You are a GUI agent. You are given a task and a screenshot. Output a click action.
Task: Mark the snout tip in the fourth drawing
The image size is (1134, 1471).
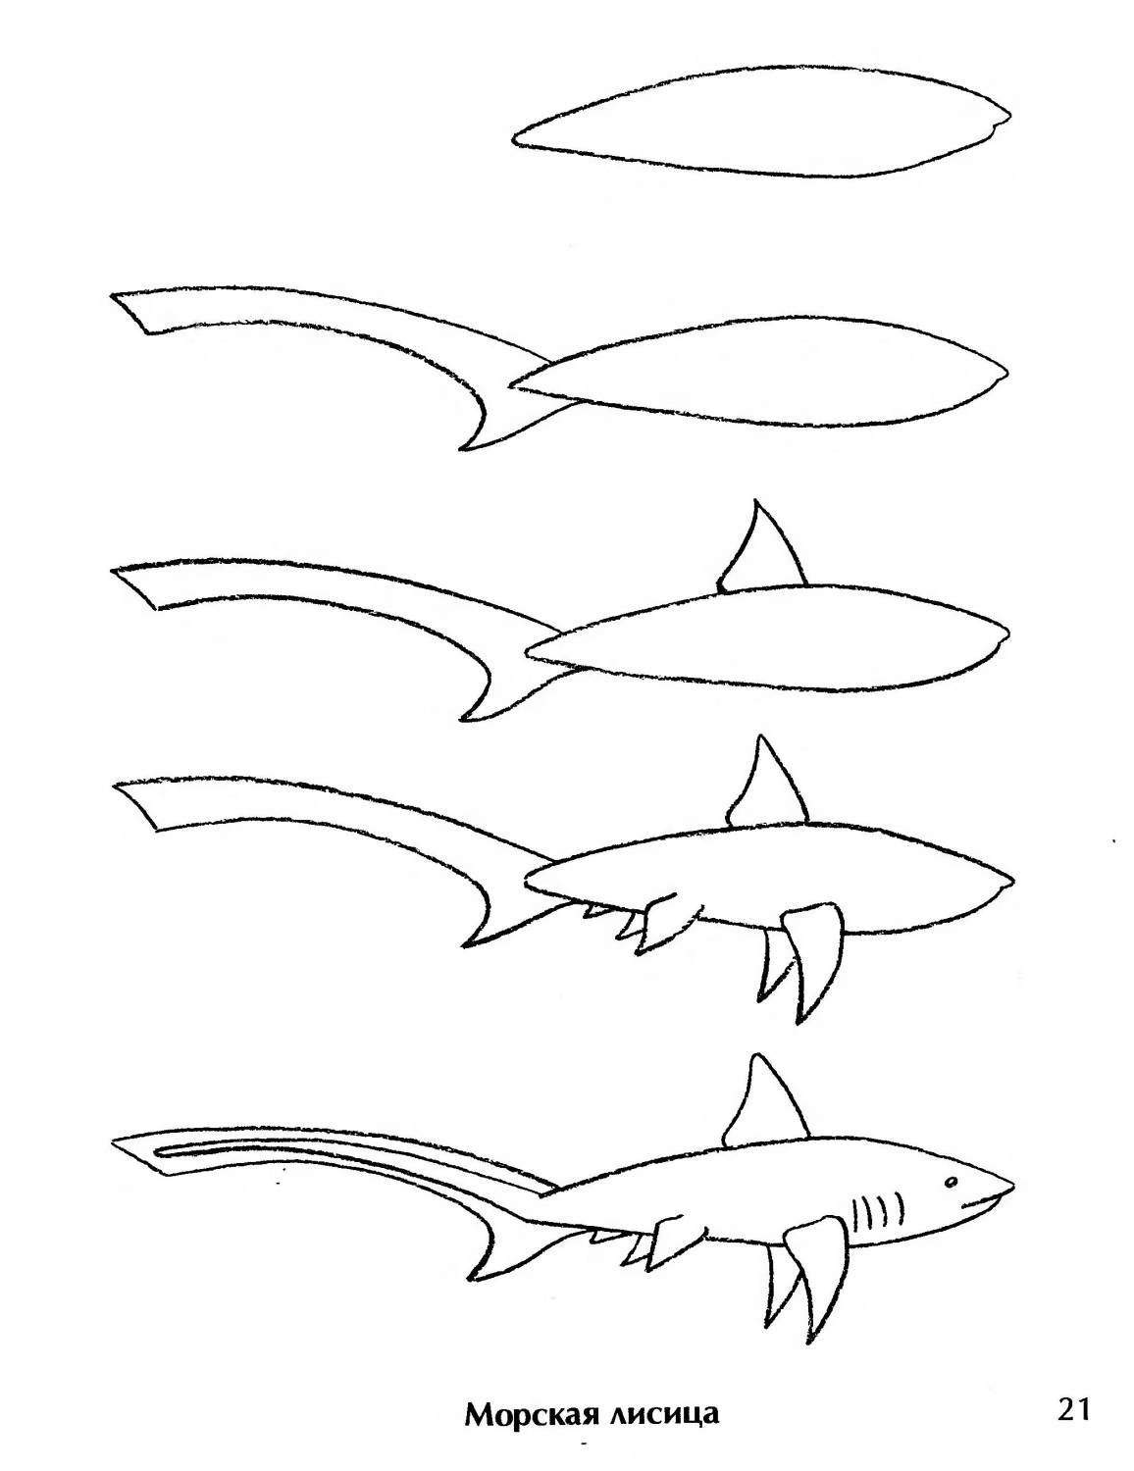point(1013,880)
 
